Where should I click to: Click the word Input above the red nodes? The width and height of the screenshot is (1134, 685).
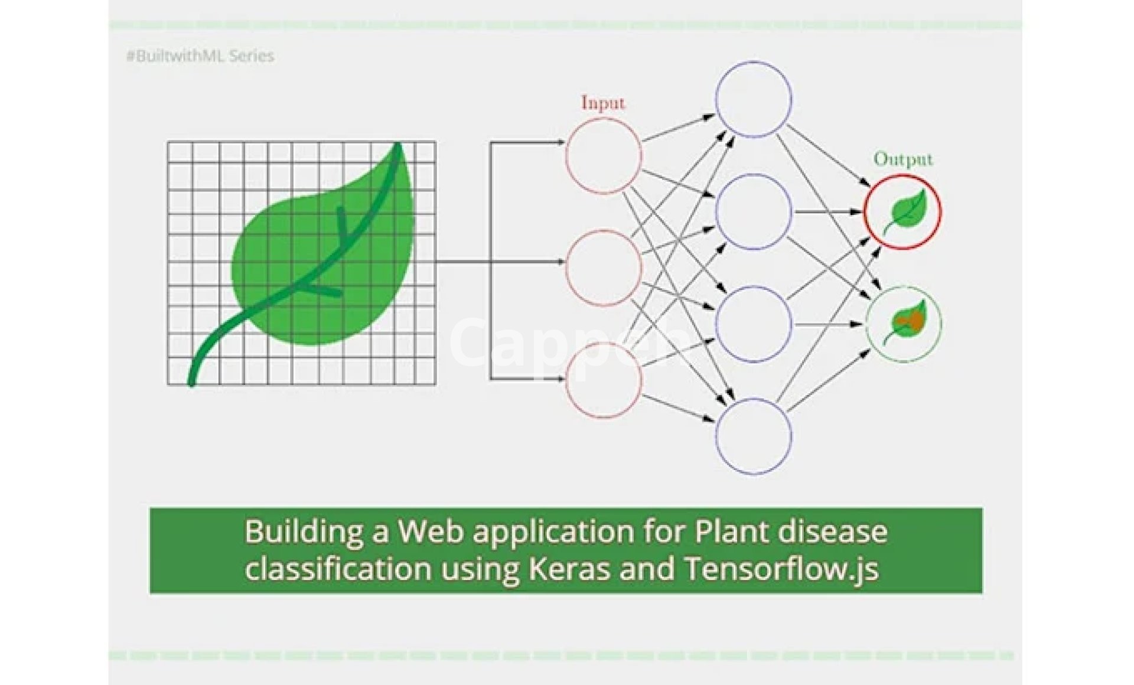pyautogui.click(x=602, y=103)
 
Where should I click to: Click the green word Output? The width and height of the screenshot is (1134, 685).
pyautogui.click(x=902, y=159)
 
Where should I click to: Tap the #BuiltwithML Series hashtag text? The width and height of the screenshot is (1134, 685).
pyautogui.click(x=200, y=56)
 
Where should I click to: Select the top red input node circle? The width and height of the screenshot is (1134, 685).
pyautogui.click(x=603, y=155)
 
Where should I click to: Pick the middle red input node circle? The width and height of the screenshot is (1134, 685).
pyautogui.click(x=603, y=268)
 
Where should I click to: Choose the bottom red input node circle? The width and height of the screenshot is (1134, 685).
pyautogui.click(x=603, y=380)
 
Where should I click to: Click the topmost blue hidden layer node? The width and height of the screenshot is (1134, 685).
pyautogui.click(x=753, y=99)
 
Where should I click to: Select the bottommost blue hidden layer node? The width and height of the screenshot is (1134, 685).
pyautogui.click(x=753, y=436)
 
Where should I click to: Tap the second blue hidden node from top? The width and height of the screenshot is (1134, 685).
pyautogui.click(x=753, y=211)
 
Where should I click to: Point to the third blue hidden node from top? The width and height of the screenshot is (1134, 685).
pyautogui.click(x=753, y=324)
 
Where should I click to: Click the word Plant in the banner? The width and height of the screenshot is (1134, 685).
pyautogui.click(x=730, y=531)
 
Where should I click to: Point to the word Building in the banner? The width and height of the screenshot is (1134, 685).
pyautogui.click(x=304, y=531)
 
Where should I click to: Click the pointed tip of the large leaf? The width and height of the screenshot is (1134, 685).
pyautogui.click(x=398, y=145)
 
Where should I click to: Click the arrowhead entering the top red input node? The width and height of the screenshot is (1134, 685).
pyautogui.click(x=561, y=142)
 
